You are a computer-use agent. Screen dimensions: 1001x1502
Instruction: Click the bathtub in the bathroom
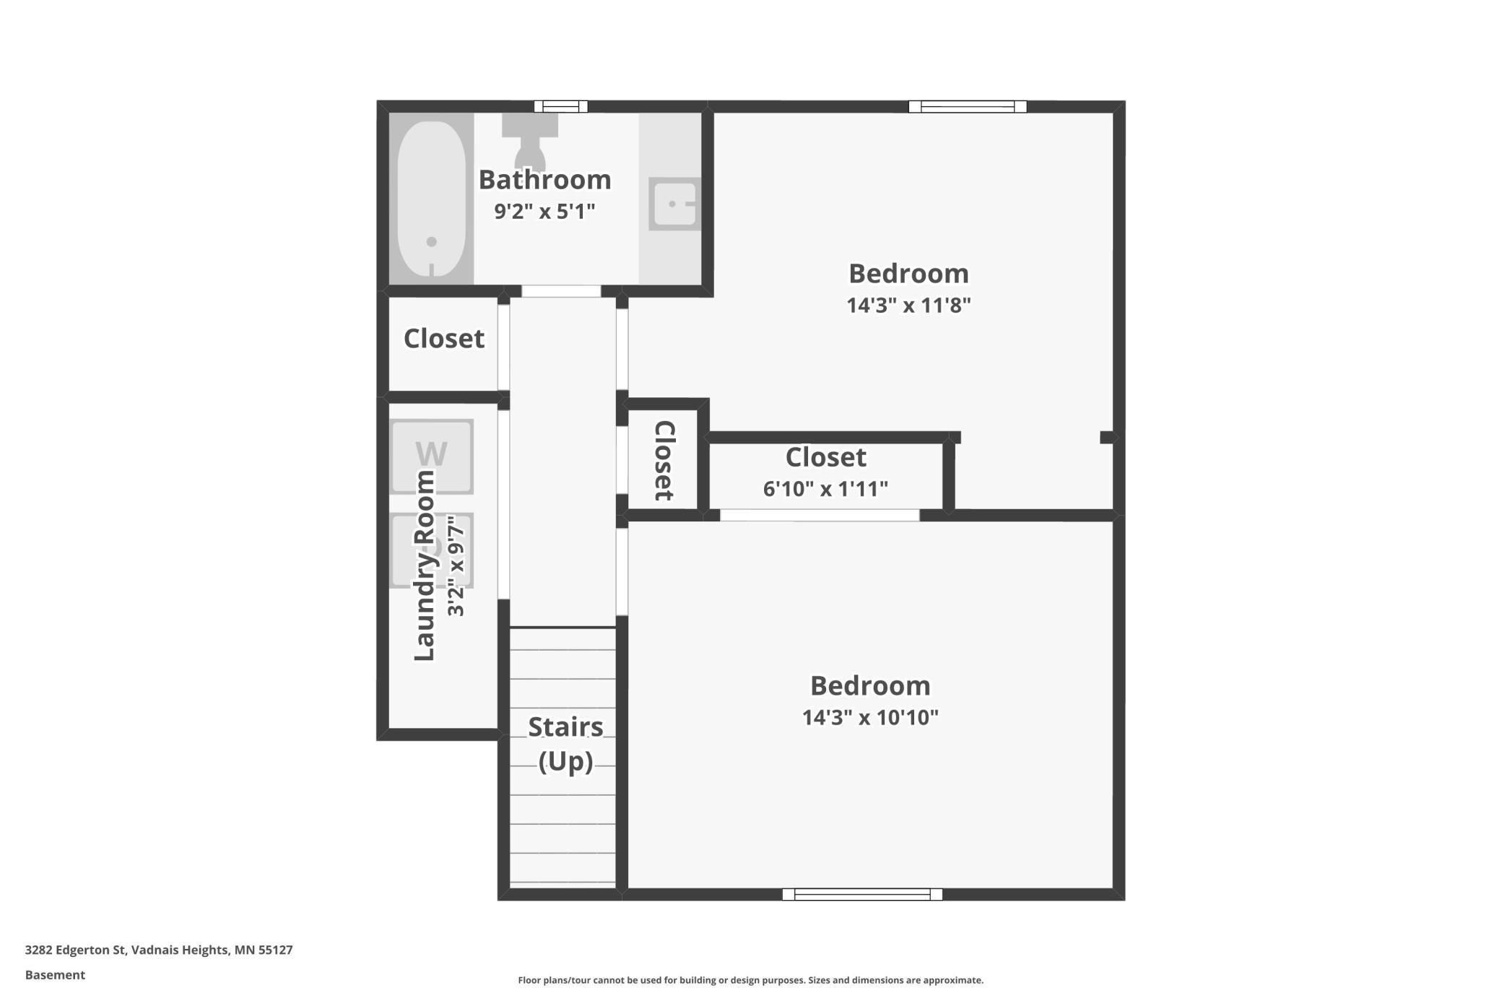pyautogui.click(x=431, y=199)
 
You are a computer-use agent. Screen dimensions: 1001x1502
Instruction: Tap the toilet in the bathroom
pyautogui.click(x=529, y=144)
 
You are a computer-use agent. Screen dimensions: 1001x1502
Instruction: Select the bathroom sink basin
pyautogui.click(x=674, y=204)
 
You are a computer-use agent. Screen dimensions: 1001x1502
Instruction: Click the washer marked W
pyautogui.click(x=431, y=456)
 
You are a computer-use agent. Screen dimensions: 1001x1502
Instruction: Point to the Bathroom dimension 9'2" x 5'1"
pyautogui.click(x=544, y=212)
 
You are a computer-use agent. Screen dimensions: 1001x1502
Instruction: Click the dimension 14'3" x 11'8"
pyautogui.click(x=908, y=305)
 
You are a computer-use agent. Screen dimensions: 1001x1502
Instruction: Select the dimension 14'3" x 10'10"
pyautogui.click(x=870, y=717)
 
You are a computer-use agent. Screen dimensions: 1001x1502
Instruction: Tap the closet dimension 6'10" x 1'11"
pyautogui.click(x=825, y=489)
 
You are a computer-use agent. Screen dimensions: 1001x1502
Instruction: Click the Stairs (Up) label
pyautogui.click(x=565, y=744)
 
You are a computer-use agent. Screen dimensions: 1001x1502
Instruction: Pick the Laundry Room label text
pyautogui.click(x=425, y=565)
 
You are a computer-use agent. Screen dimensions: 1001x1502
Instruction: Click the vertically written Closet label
pyautogui.click(x=664, y=460)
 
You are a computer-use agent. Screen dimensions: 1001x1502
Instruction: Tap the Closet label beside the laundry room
pyautogui.click(x=443, y=339)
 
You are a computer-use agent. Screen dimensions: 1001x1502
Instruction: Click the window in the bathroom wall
pyautogui.click(x=561, y=107)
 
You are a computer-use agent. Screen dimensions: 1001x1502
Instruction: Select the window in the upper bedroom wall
pyautogui.click(x=968, y=107)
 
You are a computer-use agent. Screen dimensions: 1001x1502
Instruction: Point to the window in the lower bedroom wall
pyautogui.click(x=862, y=894)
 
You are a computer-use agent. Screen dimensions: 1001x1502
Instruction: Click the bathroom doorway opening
pyautogui.click(x=561, y=291)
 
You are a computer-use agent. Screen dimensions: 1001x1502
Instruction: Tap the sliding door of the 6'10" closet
pyautogui.click(x=820, y=515)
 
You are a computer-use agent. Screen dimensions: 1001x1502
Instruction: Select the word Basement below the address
pyautogui.click(x=56, y=975)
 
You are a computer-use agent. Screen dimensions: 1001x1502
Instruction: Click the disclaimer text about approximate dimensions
pyautogui.click(x=750, y=980)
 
